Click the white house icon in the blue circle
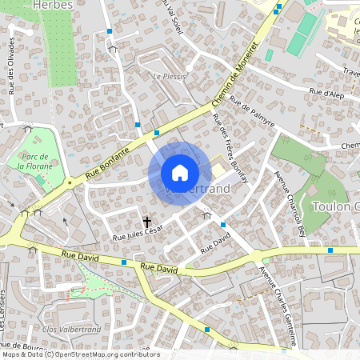(180, 172)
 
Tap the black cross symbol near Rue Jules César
(147, 220)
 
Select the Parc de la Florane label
(35, 161)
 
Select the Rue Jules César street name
(138, 234)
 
